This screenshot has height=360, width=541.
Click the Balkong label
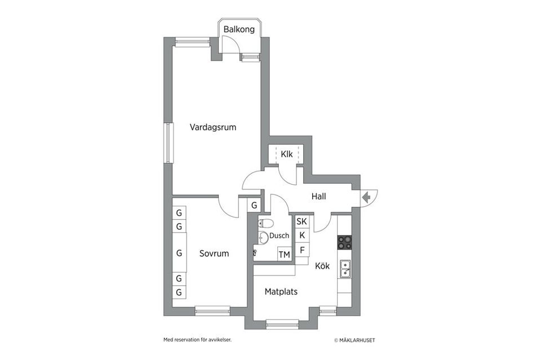[x=239, y=29]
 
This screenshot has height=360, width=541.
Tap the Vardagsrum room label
[x=212, y=127]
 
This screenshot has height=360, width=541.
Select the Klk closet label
[x=286, y=153]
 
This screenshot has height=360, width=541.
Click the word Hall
[x=318, y=197]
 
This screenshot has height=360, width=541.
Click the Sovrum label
[x=214, y=254]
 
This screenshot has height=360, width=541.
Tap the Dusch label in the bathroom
[x=279, y=236]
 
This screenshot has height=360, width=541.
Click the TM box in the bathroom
[x=284, y=255]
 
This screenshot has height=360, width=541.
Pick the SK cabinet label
[x=301, y=221]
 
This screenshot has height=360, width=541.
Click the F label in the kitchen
[x=302, y=250]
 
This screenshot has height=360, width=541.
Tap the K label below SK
[x=302, y=235]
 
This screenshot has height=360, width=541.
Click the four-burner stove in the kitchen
[x=344, y=242]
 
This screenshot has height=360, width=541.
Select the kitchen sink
[x=345, y=269]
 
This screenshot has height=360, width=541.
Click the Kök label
[x=322, y=266]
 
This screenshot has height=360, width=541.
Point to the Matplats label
[x=281, y=292]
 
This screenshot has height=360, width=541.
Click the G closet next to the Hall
[x=254, y=206]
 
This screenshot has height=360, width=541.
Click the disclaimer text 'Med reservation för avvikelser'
[x=197, y=340]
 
